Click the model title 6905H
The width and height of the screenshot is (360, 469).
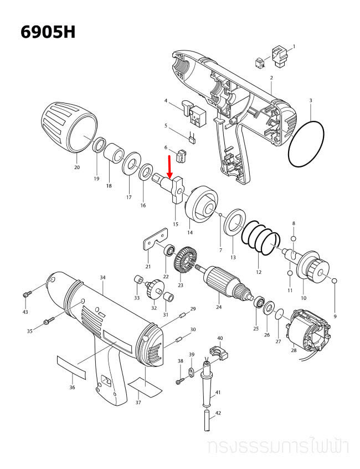47,32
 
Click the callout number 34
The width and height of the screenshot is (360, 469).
102,277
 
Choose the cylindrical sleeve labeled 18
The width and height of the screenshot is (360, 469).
114,153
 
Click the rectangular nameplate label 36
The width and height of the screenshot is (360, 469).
72,366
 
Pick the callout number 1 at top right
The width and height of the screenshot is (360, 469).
294,47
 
